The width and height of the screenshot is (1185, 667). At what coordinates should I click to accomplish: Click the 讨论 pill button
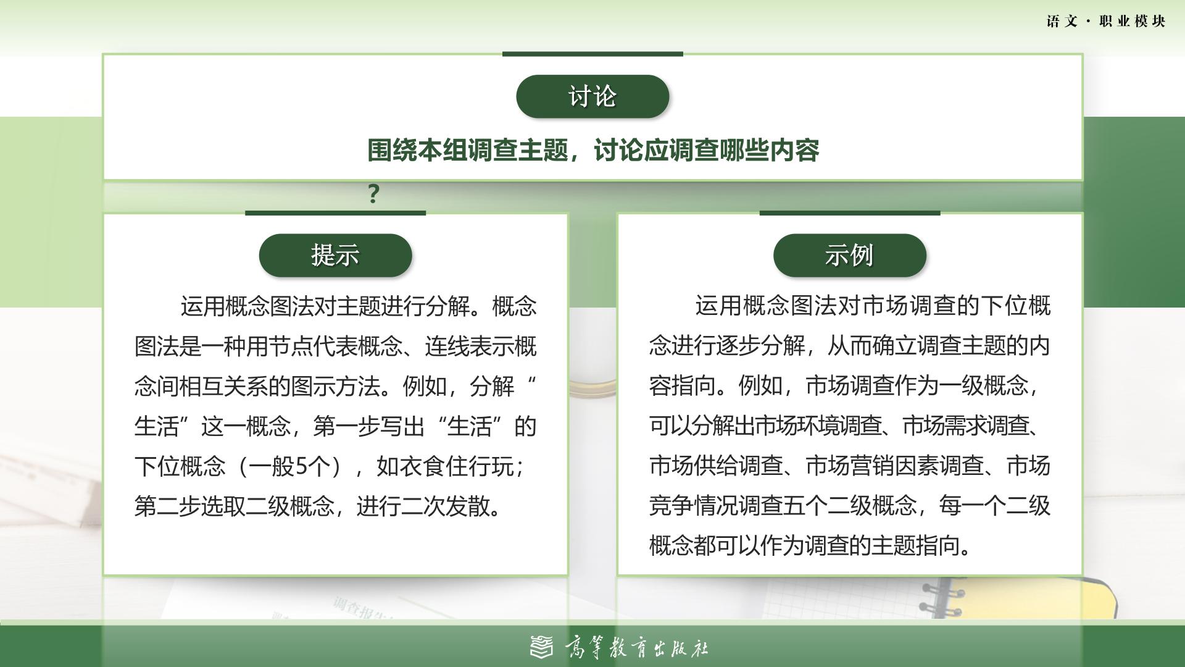tap(592, 96)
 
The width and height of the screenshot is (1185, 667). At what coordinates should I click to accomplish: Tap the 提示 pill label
tap(335, 255)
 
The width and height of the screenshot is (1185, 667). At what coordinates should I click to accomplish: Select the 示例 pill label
tap(850, 255)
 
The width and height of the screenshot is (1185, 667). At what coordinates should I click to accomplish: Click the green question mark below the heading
tap(373, 195)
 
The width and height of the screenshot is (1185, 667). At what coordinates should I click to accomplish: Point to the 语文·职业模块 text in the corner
tap(1106, 22)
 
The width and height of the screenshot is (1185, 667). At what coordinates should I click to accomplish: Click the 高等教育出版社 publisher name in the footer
tap(636, 648)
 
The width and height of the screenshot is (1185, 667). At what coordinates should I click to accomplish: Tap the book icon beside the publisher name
tap(542, 647)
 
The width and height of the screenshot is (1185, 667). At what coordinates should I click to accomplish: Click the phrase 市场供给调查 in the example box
tap(716, 466)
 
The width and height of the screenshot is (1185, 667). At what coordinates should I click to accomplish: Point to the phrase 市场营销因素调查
tap(895, 466)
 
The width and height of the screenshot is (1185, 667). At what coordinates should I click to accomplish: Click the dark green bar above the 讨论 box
tap(592, 54)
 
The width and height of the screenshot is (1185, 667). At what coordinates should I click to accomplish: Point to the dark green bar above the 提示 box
tap(335, 213)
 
